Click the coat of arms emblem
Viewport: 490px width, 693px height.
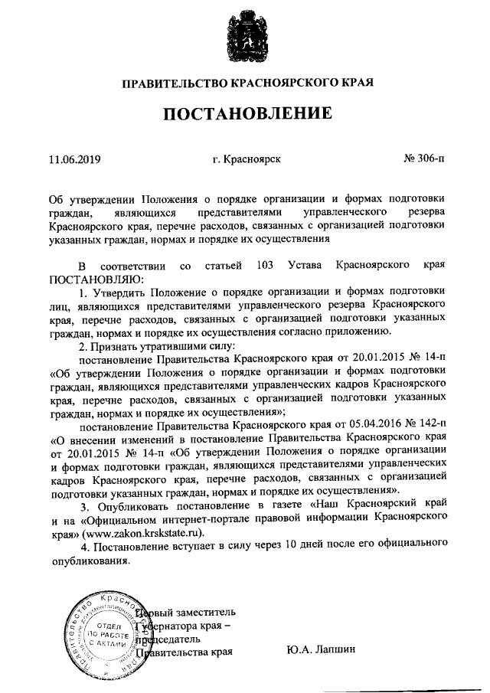click(x=244, y=37)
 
